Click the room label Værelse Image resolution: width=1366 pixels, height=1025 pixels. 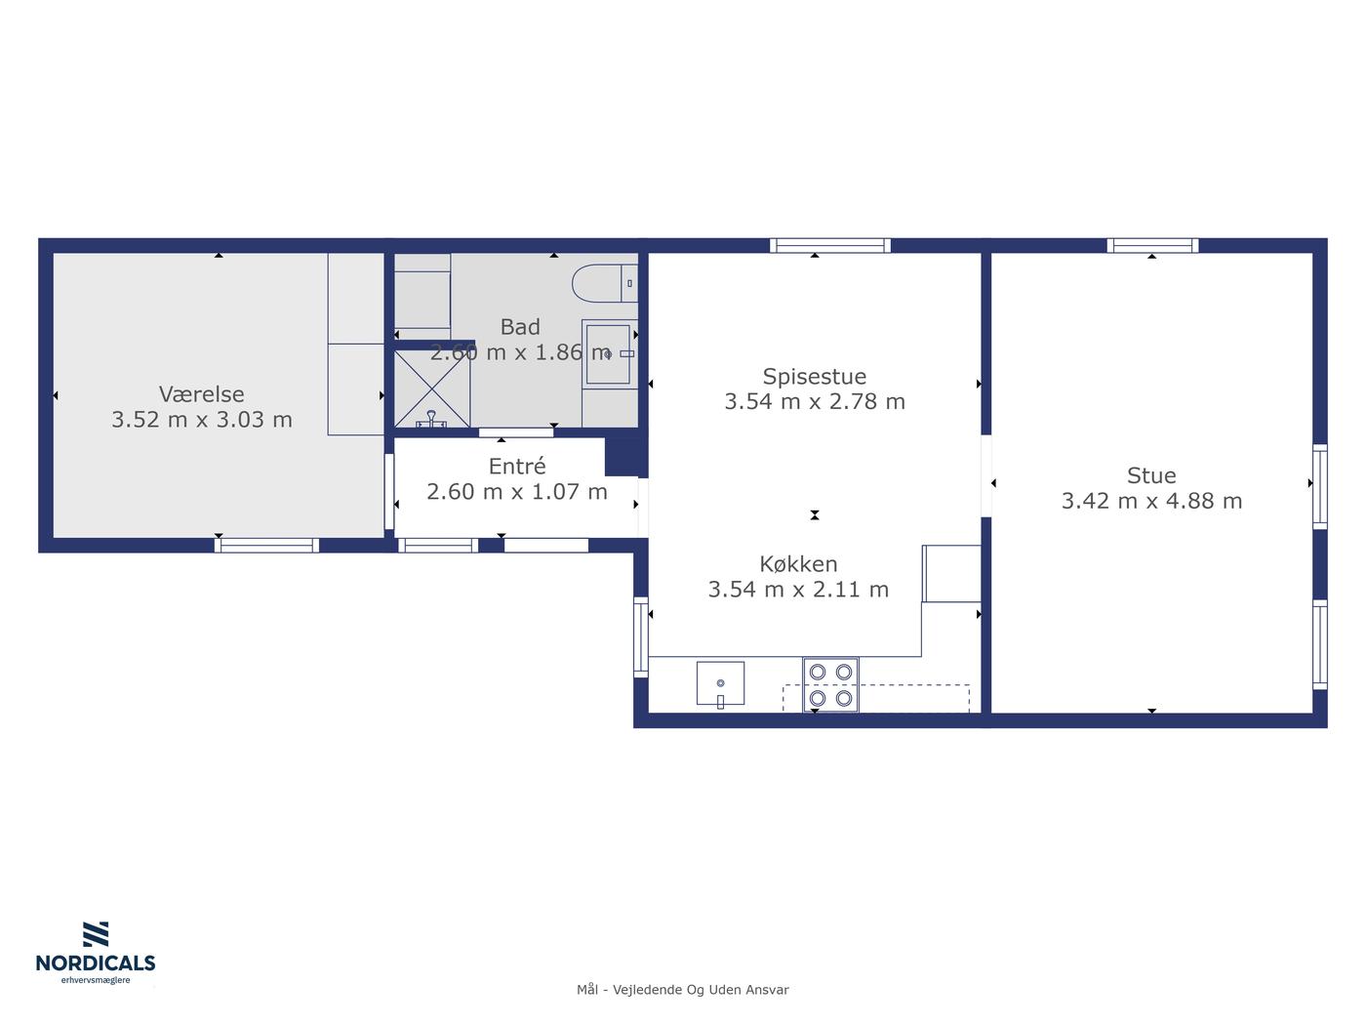coord(201,394)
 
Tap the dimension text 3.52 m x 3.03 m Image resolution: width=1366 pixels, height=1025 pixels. coord(202,420)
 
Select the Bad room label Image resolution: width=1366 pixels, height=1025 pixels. coord(520,327)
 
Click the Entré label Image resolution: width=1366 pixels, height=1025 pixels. coord(517,466)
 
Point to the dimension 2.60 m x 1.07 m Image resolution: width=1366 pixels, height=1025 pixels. coord(516,492)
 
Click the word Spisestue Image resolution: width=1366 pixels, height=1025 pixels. coord(814,377)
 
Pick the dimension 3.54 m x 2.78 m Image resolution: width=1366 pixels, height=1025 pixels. coord(815,401)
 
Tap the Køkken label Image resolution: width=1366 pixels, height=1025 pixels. coord(798,564)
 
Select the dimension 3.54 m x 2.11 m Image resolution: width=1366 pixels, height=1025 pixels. coord(798,589)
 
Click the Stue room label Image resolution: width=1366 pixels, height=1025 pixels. coord(1151,475)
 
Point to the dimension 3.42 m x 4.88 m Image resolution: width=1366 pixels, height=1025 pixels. coord(1151,501)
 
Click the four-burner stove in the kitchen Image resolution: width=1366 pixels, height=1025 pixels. coord(830,684)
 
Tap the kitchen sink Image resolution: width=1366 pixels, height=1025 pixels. coord(721,683)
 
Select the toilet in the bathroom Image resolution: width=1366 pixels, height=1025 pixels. coord(604,283)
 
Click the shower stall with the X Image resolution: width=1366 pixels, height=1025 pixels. coord(432,389)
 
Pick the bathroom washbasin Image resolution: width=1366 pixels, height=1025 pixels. coord(608,354)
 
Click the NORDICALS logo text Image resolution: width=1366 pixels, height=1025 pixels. coord(96,963)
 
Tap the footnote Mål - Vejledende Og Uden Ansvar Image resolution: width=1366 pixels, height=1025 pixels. coord(683,990)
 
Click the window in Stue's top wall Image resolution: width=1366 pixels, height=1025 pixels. coord(1152,245)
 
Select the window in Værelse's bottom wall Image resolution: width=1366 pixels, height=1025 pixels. coord(266,545)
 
